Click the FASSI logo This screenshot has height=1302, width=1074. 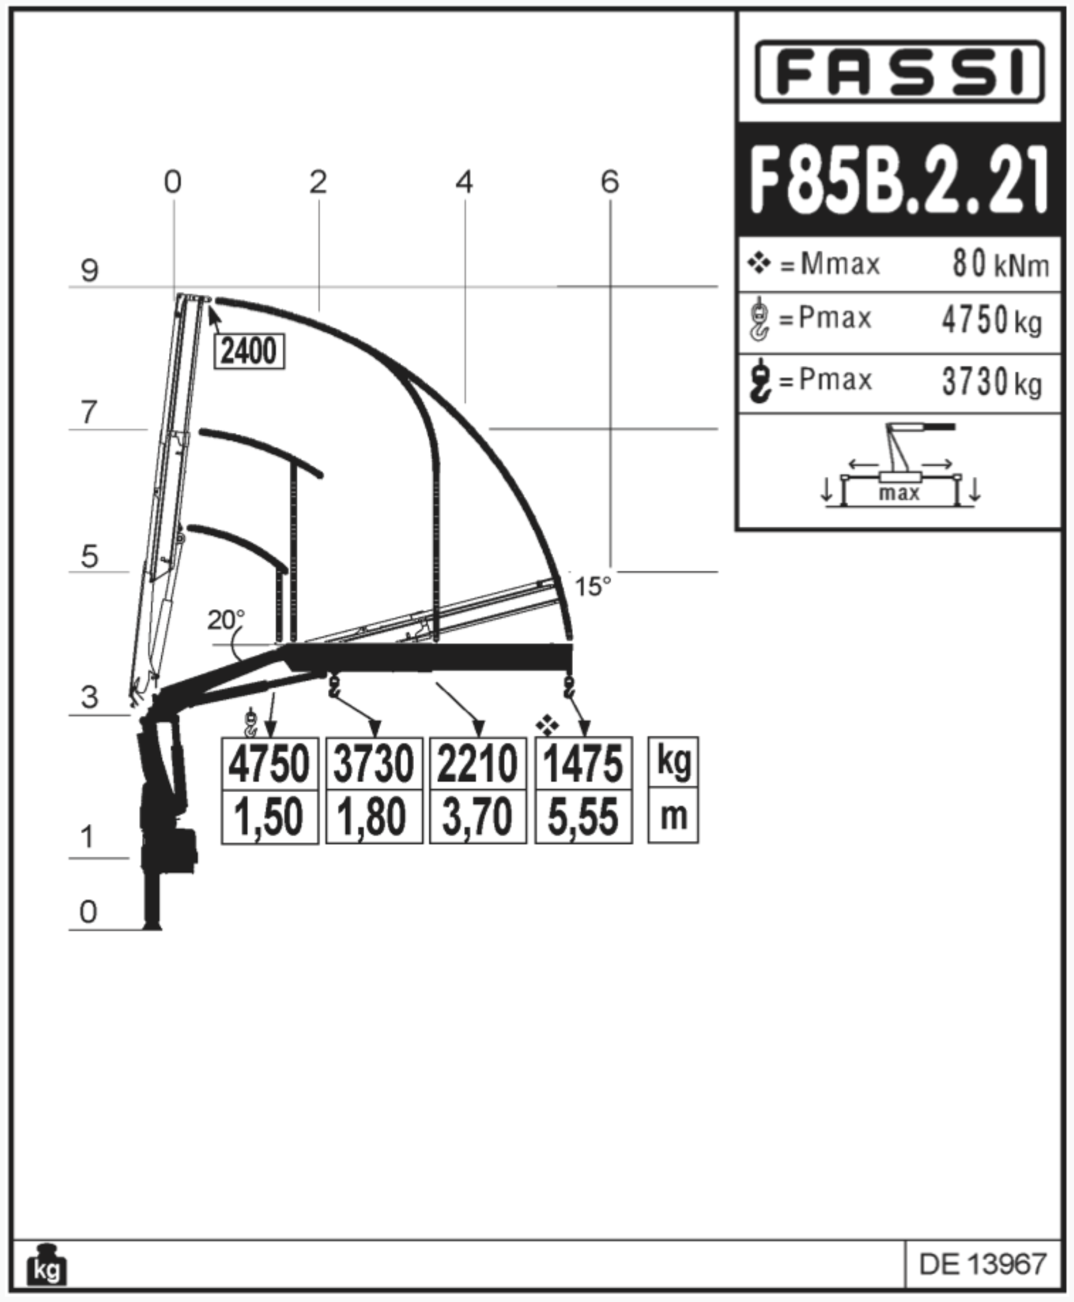point(899,72)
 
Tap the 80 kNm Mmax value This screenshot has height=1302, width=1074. point(1001,264)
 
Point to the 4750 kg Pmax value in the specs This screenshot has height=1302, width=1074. point(992,320)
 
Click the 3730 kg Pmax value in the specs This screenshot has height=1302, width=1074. point(992,381)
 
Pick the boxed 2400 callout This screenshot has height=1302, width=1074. point(249,351)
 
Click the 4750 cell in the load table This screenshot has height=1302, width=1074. point(270,763)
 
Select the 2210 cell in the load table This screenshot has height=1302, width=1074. point(478,763)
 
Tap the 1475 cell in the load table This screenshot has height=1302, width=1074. point(584,763)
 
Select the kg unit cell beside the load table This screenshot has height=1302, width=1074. point(673,762)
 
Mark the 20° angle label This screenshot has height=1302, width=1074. point(226,619)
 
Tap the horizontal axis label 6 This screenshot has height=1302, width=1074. point(610,181)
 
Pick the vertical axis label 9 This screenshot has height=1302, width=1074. point(90,271)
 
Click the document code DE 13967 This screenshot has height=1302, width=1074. point(983,1264)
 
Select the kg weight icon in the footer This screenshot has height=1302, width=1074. point(47,1264)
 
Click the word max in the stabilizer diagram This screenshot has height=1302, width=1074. point(899,493)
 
